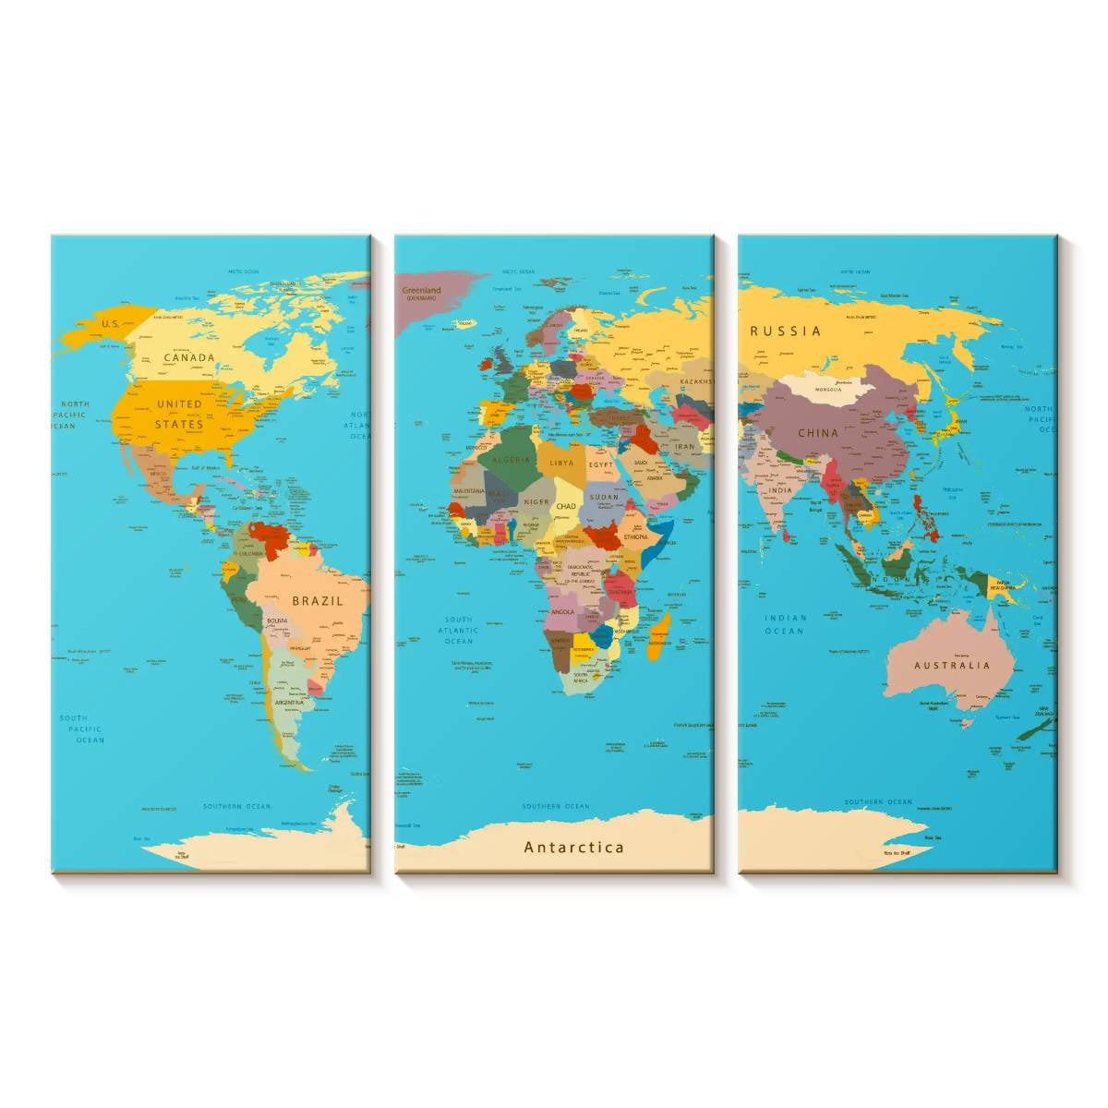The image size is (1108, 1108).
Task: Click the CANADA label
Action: pyautogui.click(x=189, y=357)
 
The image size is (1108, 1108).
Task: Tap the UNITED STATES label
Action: pyautogui.click(x=179, y=414)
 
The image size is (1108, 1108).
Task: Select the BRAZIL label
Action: pyautogui.click(x=318, y=600)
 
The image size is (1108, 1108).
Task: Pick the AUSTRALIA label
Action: pyautogui.click(x=952, y=665)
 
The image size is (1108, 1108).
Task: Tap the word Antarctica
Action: pyautogui.click(x=574, y=847)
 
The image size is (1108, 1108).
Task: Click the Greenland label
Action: pyautogui.click(x=422, y=291)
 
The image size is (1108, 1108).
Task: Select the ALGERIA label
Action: pyautogui.click(x=512, y=460)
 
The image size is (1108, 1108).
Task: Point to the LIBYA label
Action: pyautogui.click(x=561, y=463)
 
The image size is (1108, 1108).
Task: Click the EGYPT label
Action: pyautogui.click(x=601, y=465)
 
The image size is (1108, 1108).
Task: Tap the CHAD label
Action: pyautogui.click(x=566, y=506)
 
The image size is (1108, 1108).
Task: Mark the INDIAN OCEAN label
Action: pyautogui.click(x=785, y=624)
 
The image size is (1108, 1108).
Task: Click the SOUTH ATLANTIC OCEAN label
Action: pyautogui.click(x=459, y=630)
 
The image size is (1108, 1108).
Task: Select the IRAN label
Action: pyautogui.click(x=684, y=447)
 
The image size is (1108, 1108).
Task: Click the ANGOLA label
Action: pyautogui.click(x=562, y=611)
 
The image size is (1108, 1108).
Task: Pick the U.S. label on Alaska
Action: pyautogui.click(x=111, y=324)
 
